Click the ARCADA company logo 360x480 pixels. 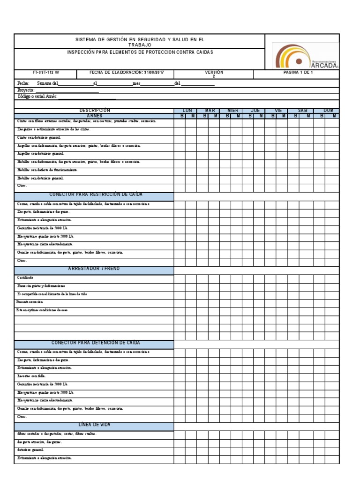click(305, 56)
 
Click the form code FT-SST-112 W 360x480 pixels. click(46, 73)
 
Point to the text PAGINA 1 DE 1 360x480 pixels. click(298, 73)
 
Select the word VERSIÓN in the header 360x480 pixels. click(214, 73)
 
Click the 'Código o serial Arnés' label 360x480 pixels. click(37, 97)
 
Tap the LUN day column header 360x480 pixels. click(187, 111)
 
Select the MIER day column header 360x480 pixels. click(232, 111)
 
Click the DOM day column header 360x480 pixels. click(329, 111)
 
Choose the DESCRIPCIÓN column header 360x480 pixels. click(94, 111)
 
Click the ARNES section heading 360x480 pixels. click(94, 116)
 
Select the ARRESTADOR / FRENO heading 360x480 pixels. click(95, 269)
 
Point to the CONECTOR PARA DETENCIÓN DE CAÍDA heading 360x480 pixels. click(95, 343)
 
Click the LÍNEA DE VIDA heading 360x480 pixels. click(94, 425)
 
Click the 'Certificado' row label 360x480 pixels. click(25, 277)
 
